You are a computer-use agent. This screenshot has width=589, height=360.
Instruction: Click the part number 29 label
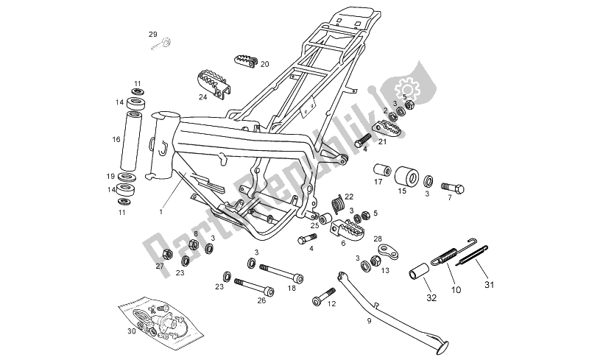[153, 35]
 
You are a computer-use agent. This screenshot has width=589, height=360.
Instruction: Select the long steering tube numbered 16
[136, 139]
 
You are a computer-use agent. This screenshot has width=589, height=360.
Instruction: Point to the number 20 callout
[265, 64]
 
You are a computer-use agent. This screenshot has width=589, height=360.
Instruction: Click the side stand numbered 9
[390, 310]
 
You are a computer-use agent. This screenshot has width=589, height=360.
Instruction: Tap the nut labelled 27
[166, 255]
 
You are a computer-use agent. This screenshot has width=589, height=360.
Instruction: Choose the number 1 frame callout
[161, 212]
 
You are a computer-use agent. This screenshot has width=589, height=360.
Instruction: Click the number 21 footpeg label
[382, 142]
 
